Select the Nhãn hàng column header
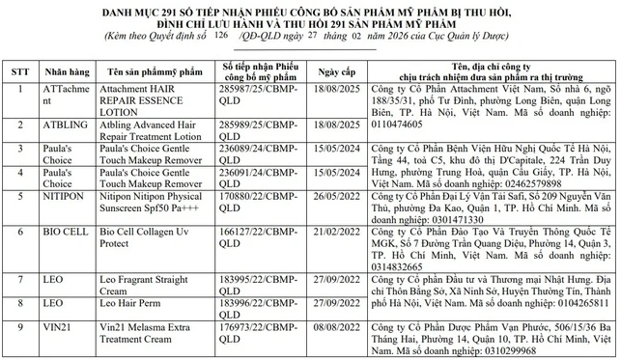point(67,70)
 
